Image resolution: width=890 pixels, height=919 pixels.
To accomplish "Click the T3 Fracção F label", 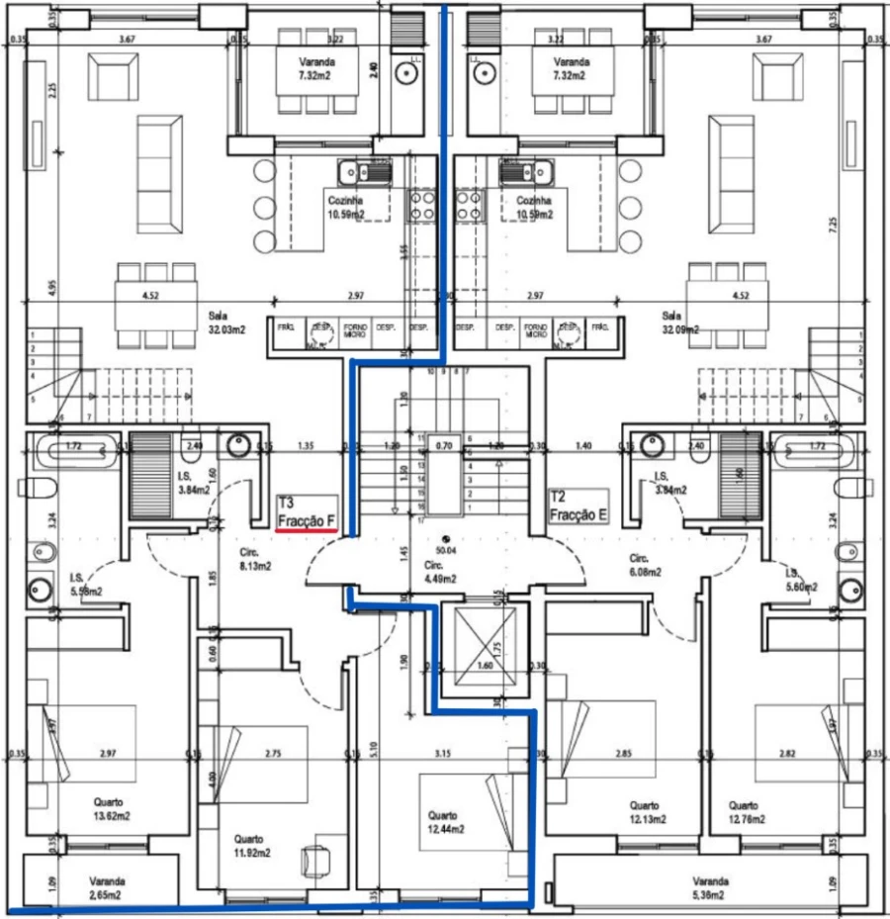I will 308,511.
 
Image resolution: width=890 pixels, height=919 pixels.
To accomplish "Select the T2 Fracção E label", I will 578,507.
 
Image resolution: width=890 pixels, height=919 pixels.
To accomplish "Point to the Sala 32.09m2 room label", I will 679,322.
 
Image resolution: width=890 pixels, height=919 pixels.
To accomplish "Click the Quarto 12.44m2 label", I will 445,822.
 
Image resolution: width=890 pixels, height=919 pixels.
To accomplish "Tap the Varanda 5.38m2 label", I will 710,887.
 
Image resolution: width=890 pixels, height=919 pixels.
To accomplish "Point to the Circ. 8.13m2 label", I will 254,561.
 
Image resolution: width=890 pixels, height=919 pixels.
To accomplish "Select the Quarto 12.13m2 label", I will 647,812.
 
